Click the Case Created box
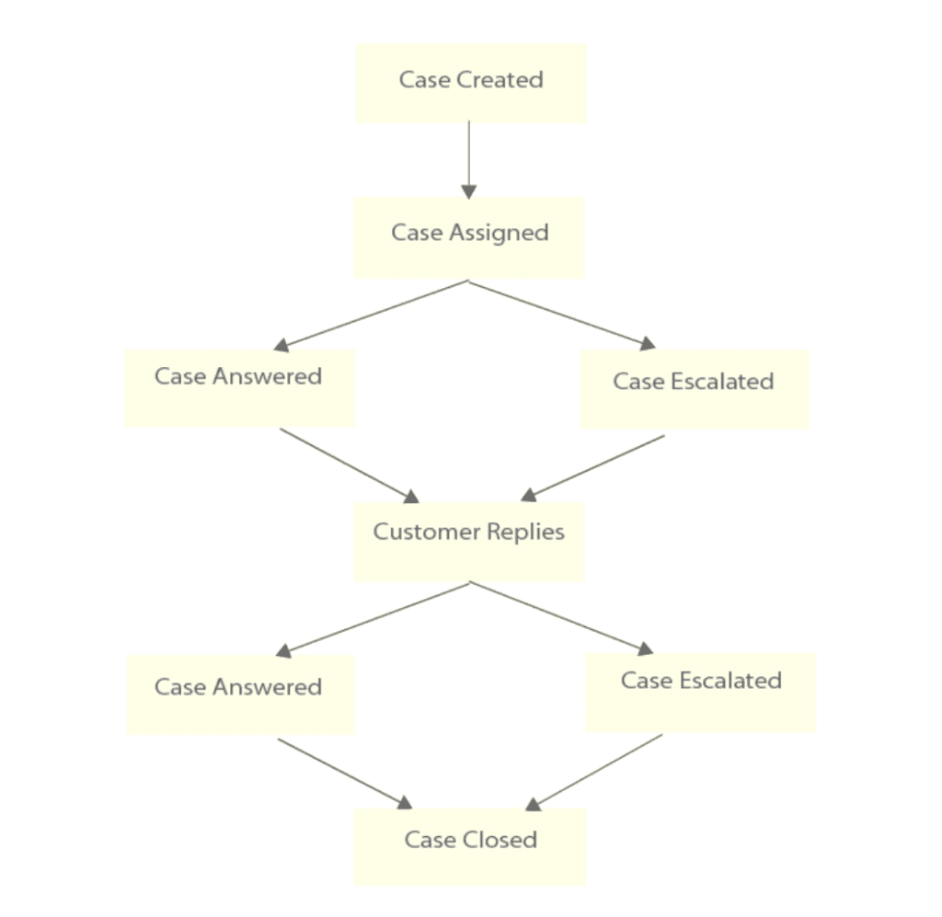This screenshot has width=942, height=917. pos(470,83)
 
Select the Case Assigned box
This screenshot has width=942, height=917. pos(469,236)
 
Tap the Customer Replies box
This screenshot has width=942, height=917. pos(469,541)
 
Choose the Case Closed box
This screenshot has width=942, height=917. pos(470,845)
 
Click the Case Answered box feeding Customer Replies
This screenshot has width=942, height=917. pos(239,386)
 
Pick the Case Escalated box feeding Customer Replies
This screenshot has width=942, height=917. pos(695,388)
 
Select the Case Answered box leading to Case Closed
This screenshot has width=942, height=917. pos(240,693)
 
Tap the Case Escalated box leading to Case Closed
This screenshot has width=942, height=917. pos(700,691)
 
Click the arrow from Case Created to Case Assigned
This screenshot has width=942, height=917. pos(469,158)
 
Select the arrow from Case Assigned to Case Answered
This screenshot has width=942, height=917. pos(372,315)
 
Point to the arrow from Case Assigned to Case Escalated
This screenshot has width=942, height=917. pos(562,315)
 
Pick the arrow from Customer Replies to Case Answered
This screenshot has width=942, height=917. pos(373,620)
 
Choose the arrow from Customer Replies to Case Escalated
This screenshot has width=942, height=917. pos(561,618)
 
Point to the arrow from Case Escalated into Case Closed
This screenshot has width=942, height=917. pos(593,772)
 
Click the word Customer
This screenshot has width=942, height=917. pos(419,532)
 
